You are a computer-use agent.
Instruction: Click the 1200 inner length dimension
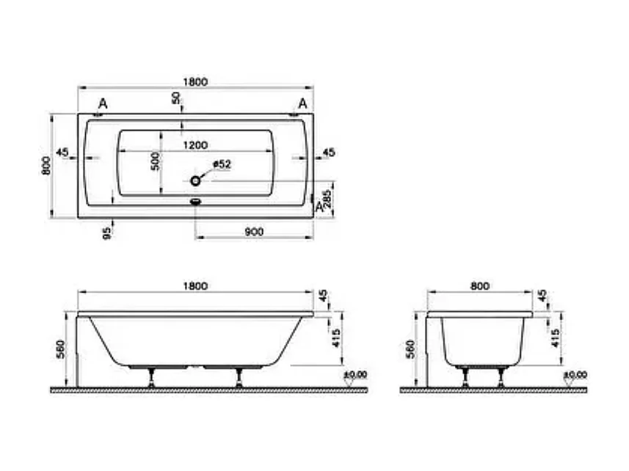point(195,145)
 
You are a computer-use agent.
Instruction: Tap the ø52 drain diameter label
point(222,165)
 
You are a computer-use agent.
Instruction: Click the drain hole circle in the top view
point(195,180)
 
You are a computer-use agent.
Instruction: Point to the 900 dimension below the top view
point(253,232)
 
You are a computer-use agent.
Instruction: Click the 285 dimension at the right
point(328,198)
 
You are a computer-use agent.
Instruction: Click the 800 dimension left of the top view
point(46,165)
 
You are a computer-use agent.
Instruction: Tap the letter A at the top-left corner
point(102,103)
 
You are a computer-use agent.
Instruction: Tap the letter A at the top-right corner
point(302,103)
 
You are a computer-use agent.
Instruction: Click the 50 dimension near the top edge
point(176,100)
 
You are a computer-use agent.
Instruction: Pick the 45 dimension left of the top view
point(62,153)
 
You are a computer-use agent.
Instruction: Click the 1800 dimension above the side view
point(195,285)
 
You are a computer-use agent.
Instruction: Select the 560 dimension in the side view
point(61,351)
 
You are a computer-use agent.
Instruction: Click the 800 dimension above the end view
point(479,285)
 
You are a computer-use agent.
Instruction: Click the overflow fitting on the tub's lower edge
point(195,201)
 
